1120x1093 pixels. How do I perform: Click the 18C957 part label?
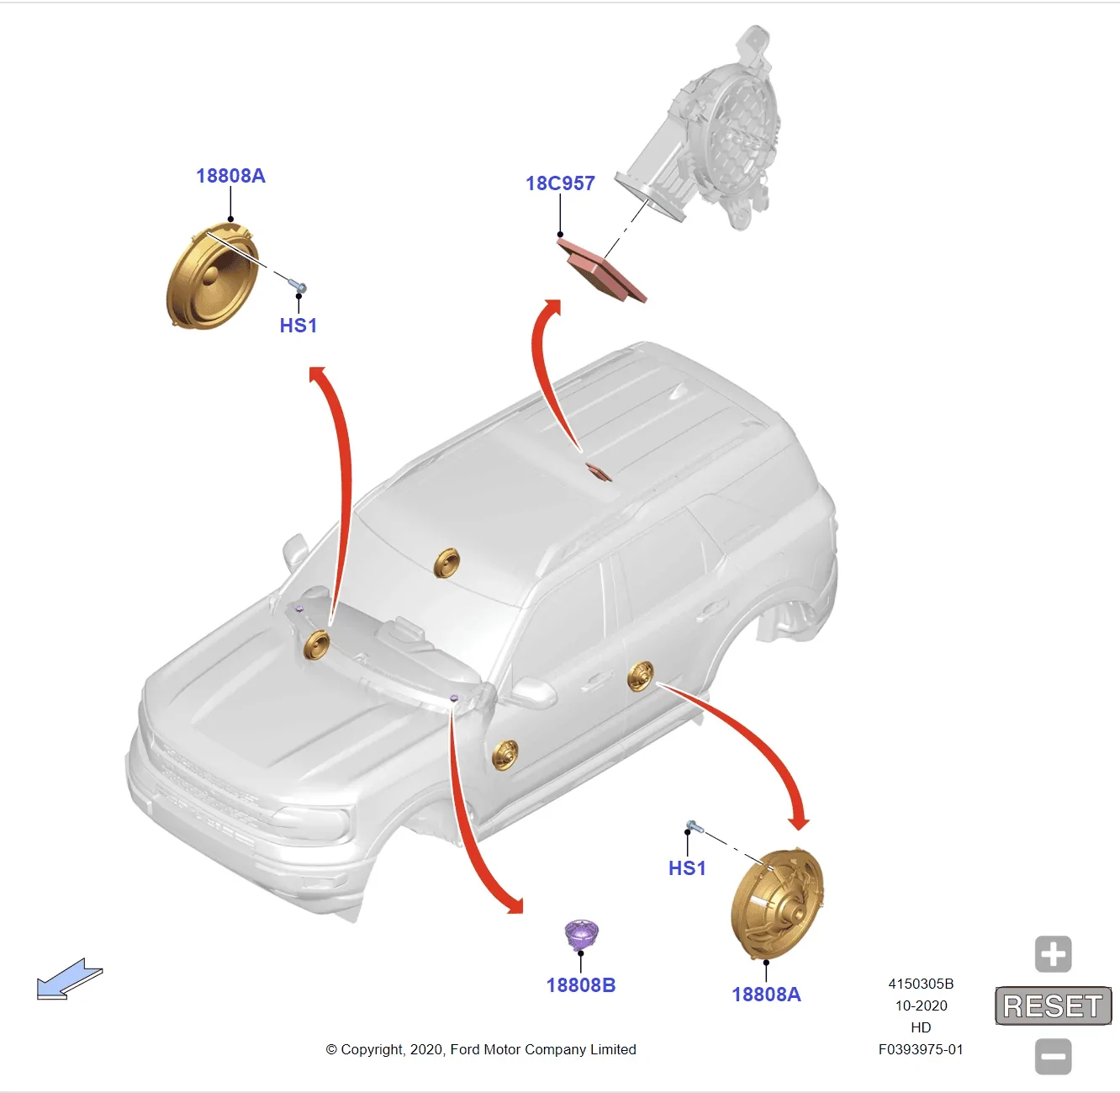(560, 183)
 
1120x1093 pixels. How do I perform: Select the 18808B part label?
(581, 984)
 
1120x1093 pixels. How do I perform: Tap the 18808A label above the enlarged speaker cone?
(230, 176)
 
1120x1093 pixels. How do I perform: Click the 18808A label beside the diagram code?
(766, 994)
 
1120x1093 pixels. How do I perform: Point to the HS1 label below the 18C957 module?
(687, 868)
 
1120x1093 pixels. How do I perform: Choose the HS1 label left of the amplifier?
(298, 326)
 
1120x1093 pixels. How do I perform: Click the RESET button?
(1054, 1005)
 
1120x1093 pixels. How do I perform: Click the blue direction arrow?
(69, 979)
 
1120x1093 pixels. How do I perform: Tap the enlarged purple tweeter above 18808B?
(581, 935)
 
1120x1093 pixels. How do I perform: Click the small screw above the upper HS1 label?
(298, 285)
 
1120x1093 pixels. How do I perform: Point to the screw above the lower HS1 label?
(695, 827)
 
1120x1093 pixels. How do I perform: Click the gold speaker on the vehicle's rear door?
(641, 675)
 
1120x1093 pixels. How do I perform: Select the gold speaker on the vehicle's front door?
(505, 755)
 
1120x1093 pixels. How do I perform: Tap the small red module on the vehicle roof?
(599, 471)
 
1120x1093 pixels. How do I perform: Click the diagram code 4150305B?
(921, 984)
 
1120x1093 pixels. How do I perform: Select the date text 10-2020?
(921, 1005)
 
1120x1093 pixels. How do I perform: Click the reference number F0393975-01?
(921, 1049)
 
